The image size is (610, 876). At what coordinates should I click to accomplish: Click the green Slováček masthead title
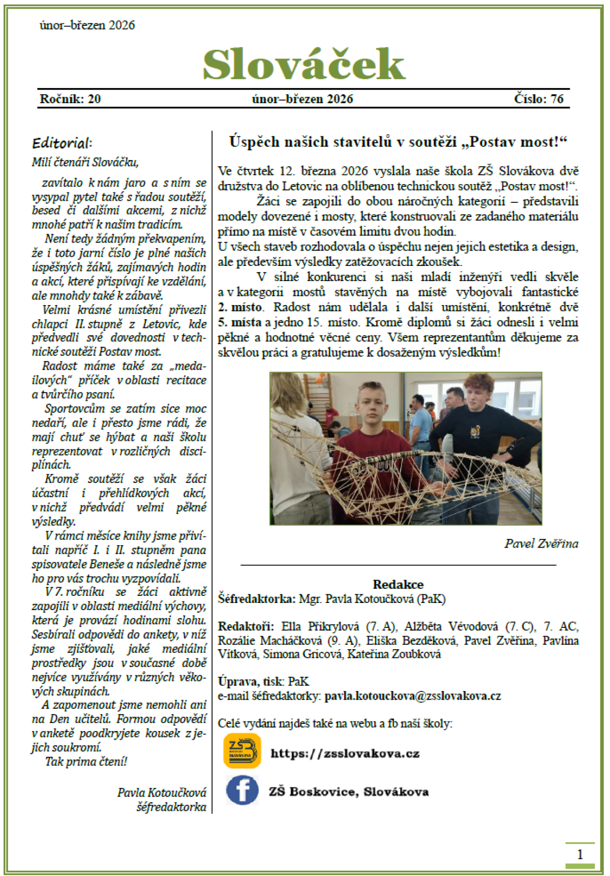pos(304,65)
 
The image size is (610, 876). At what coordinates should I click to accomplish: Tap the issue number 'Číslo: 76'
pos(538,99)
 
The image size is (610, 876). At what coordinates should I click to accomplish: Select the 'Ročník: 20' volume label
pos(70,99)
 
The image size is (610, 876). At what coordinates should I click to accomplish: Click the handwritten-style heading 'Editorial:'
pos(62,143)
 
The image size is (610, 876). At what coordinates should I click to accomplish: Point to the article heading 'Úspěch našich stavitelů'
pos(398,141)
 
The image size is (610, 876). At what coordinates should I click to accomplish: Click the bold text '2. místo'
pos(240,307)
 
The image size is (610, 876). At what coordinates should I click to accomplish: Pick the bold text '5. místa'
pos(240,322)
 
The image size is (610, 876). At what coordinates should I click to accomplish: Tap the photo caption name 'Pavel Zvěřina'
pos(541,543)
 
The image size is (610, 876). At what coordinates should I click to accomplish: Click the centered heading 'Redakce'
pos(398,584)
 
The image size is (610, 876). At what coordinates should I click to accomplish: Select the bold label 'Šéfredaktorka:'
pos(256,598)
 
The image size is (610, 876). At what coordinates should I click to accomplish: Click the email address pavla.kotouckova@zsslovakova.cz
pos(413,696)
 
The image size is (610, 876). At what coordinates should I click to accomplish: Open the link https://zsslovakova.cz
pos(345,753)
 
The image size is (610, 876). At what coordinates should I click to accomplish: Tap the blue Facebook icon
pos(242,791)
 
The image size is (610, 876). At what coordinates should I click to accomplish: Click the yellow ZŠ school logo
pos(242,751)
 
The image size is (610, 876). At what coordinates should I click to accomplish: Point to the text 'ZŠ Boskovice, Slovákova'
pos(349,792)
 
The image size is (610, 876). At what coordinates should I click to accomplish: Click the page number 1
pos(579,854)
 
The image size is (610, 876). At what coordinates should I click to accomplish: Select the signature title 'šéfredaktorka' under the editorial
pos(171,807)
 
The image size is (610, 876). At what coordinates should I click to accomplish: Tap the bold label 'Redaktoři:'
pos(246,626)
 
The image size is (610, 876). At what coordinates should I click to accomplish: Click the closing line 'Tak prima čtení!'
pos(86,762)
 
